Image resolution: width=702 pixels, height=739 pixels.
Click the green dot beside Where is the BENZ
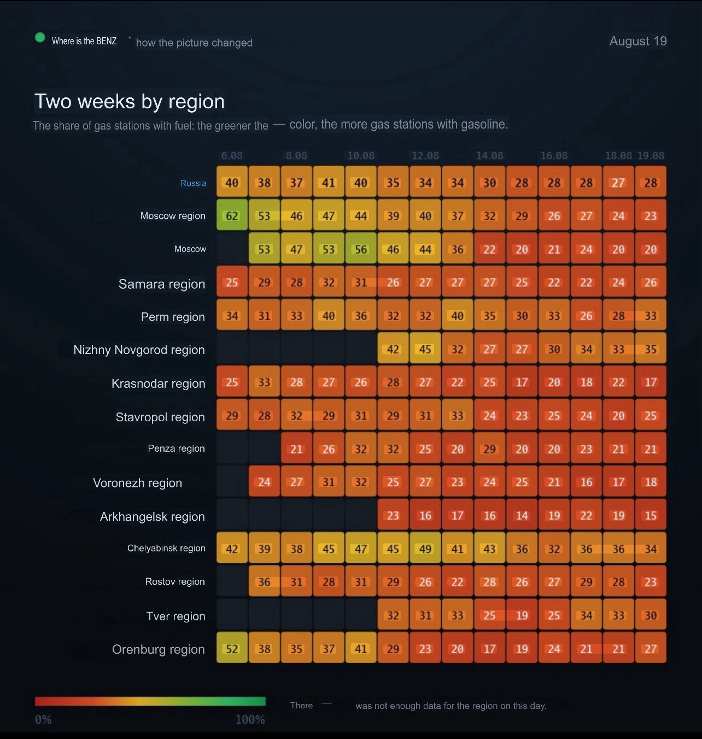pyautogui.click(x=40, y=38)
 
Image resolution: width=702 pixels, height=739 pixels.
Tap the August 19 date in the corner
pyautogui.click(x=637, y=41)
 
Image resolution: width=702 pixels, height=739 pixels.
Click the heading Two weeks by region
pyautogui.click(x=130, y=102)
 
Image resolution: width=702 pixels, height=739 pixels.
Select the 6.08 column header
pyautogui.click(x=232, y=155)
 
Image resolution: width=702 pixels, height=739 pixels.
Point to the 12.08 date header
pyautogui.click(x=425, y=155)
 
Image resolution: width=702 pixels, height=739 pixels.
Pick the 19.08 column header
pyautogui.click(x=651, y=155)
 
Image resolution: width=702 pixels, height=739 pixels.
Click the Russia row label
pyautogui.click(x=193, y=183)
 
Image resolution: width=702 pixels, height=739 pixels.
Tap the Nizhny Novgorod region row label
pyautogui.click(x=139, y=350)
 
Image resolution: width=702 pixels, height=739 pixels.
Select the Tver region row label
pyautogui.click(x=176, y=616)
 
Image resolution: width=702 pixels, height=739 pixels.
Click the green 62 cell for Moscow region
pyautogui.click(x=232, y=215)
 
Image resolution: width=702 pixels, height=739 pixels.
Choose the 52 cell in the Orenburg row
pyautogui.click(x=232, y=648)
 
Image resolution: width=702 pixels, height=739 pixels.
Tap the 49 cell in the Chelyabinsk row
pyautogui.click(x=425, y=548)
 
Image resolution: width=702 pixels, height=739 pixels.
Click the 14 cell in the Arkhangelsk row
pyautogui.click(x=522, y=515)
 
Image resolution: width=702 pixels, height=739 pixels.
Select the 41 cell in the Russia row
pyautogui.click(x=329, y=182)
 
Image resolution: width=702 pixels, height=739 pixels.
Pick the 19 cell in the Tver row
pyautogui.click(x=522, y=615)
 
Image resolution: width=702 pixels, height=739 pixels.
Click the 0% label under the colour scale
pyautogui.click(x=43, y=720)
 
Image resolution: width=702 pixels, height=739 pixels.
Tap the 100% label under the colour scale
pyautogui.click(x=250, y=720)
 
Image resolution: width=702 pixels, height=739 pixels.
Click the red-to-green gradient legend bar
pyautogui.click(x=150, y=701)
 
